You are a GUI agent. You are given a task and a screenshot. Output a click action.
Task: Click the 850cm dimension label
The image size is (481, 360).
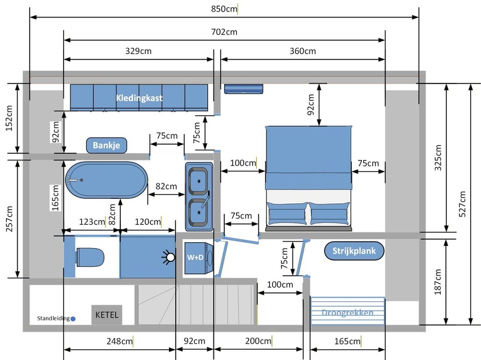(x=224, y=9)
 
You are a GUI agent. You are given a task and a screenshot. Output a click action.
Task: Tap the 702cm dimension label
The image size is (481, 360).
(x=224, y=32)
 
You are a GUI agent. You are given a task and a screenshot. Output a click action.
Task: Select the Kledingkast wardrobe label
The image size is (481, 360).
(x=139, y=98)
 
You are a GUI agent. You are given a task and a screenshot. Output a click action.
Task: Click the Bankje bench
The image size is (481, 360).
(x=106, y=145)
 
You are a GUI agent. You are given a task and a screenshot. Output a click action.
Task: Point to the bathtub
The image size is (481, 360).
(x=106, y=180)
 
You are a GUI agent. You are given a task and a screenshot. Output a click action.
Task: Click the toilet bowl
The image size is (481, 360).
(x=90, y=257)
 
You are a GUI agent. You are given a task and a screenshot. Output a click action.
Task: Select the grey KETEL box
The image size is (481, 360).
(x=107, y=314)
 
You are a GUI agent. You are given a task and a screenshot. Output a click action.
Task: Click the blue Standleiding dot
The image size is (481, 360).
(x=73, y=319)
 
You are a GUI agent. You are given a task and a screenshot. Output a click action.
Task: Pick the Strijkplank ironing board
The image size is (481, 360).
(x=354, y=251)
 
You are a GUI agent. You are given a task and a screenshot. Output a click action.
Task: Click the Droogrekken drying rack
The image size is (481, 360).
(x=348, y=311)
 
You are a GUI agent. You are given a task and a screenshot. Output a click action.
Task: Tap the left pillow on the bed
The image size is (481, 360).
(x=287, y=213)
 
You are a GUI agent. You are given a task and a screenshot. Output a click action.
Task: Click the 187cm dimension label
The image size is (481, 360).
(x=438, y=282)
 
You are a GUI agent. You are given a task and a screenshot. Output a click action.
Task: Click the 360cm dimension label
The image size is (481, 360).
(x=303, y=51)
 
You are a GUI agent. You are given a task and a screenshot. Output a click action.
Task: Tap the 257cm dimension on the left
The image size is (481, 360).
(x=9, y=219)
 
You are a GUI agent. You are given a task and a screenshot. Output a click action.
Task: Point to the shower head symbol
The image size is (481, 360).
(x=169, y=257)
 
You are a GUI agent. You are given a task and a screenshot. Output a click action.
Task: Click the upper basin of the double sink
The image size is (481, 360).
(x=198, y=181)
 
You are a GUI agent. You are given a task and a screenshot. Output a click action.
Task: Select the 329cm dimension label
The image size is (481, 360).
(x=138, y=51)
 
